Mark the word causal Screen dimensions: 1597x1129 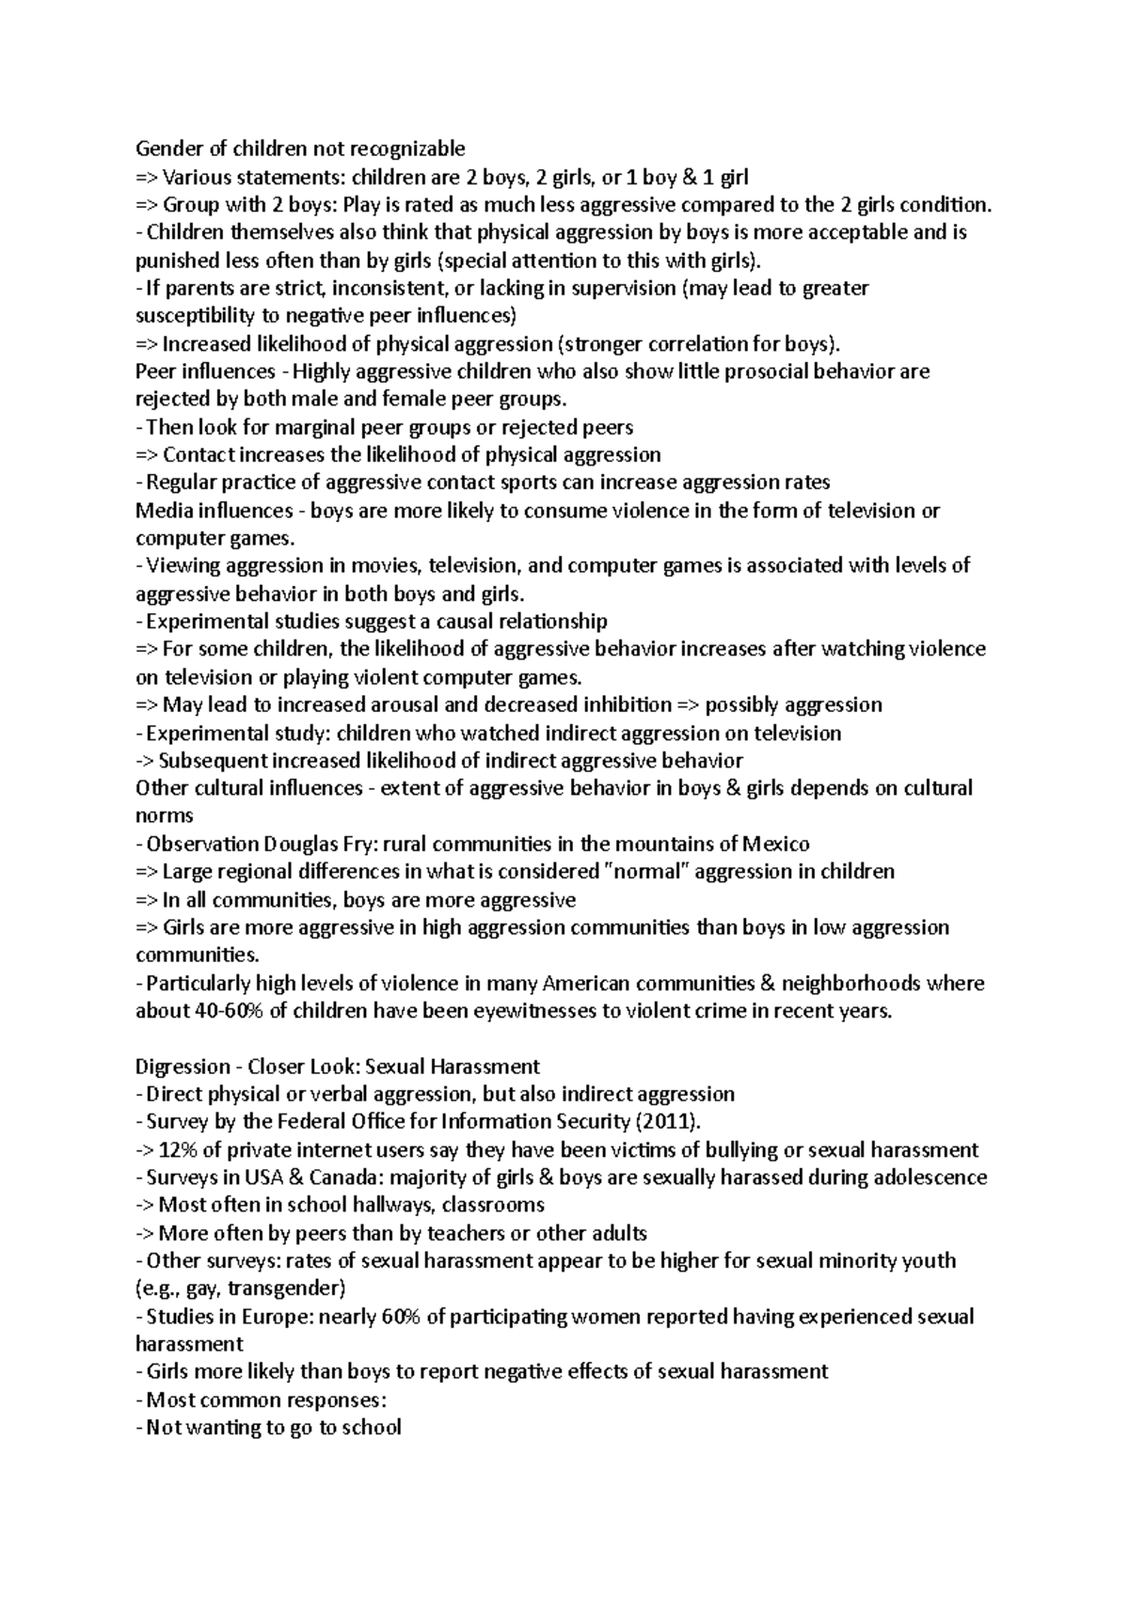pos(481,622)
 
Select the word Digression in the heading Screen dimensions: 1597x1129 pos(183,1067)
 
